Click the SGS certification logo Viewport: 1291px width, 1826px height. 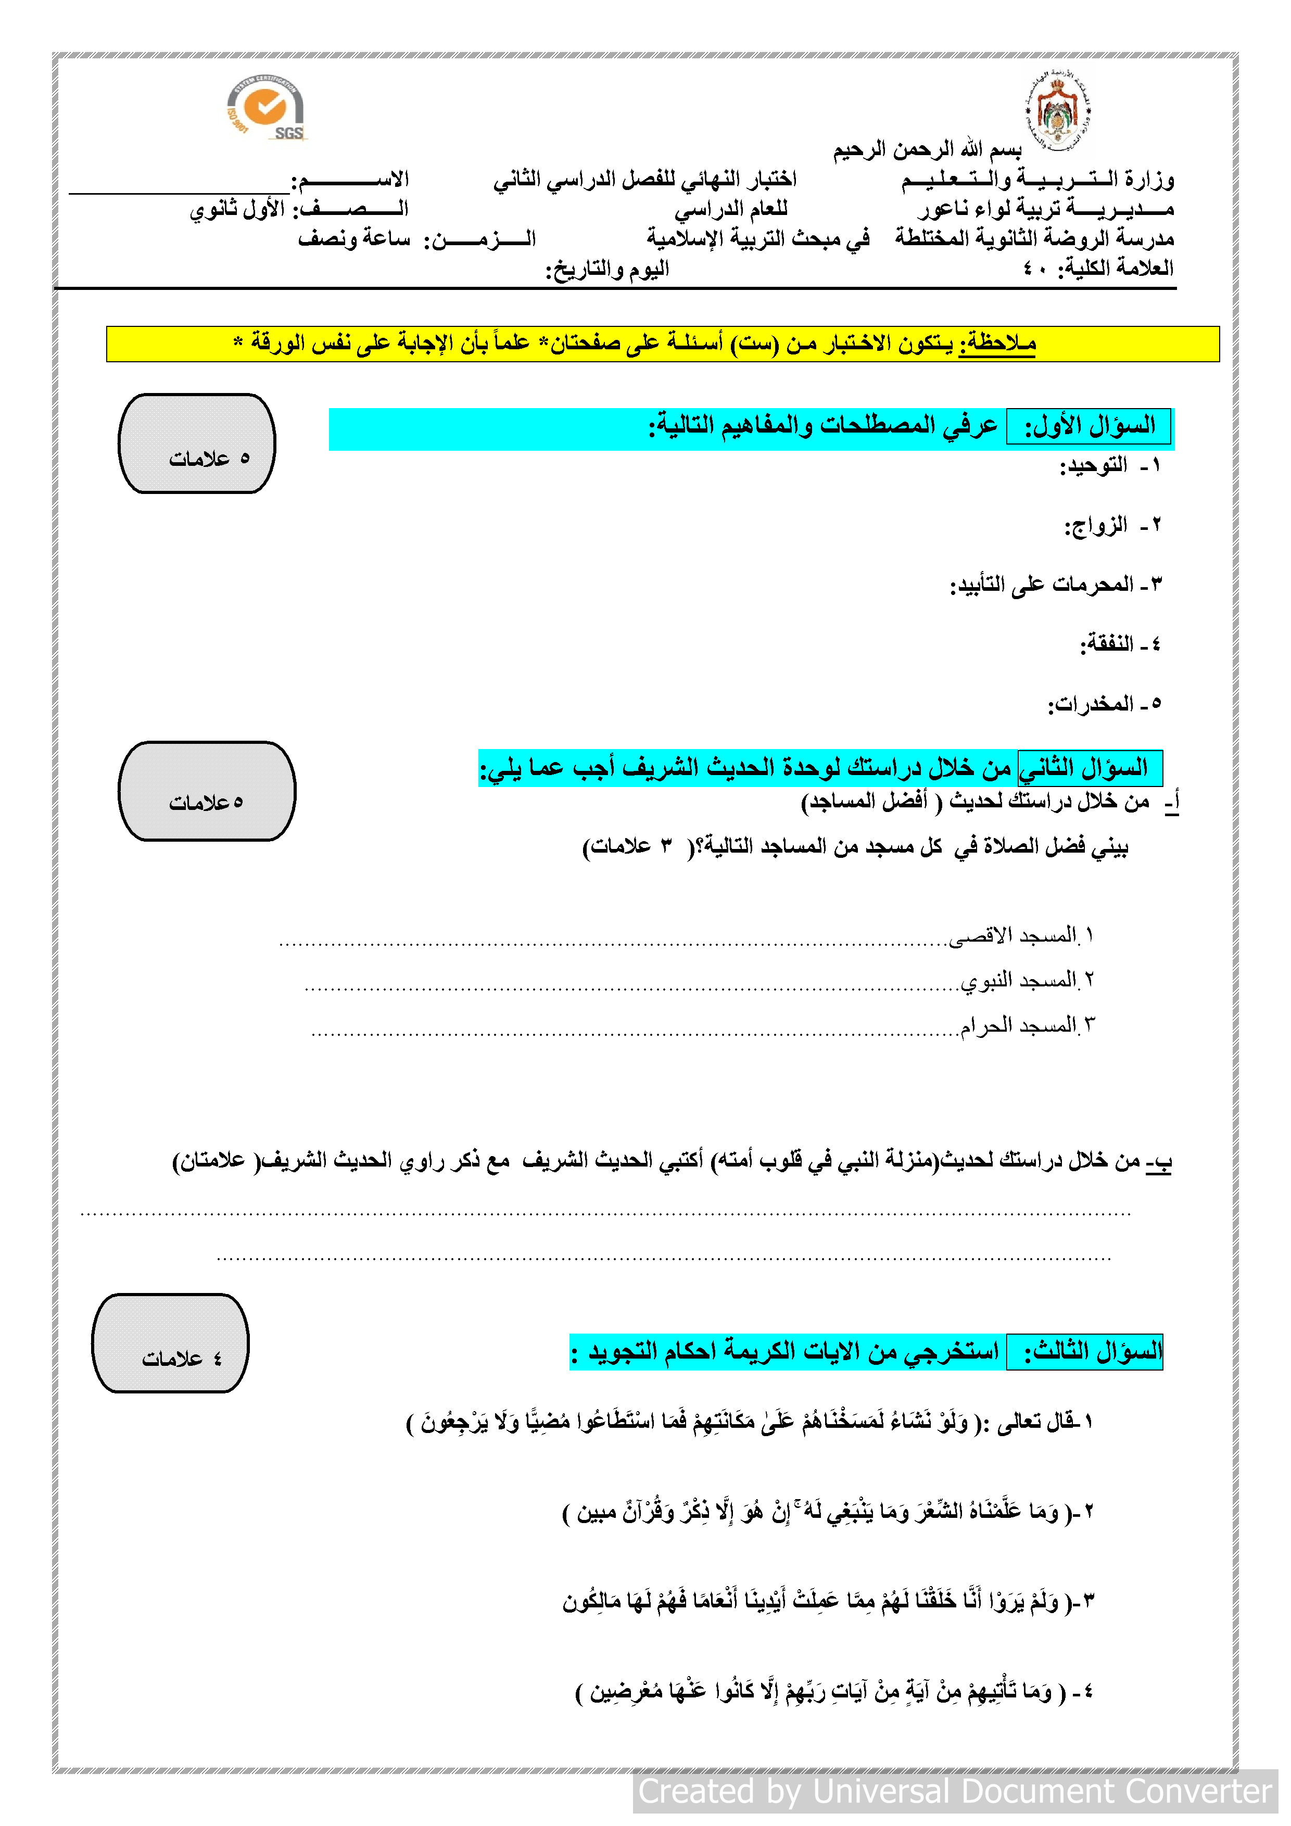[x=265, y=109]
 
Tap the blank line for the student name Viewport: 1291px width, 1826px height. [x=179, y=188]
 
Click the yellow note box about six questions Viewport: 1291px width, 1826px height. [x=663, y=344]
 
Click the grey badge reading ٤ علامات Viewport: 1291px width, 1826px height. [x=170, y=1343]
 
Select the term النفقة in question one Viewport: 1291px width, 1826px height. [x=1107, y=644]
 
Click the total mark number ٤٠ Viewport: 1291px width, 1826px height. [x=1035, y=269]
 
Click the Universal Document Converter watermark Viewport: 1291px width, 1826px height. [x=955, y=1791]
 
